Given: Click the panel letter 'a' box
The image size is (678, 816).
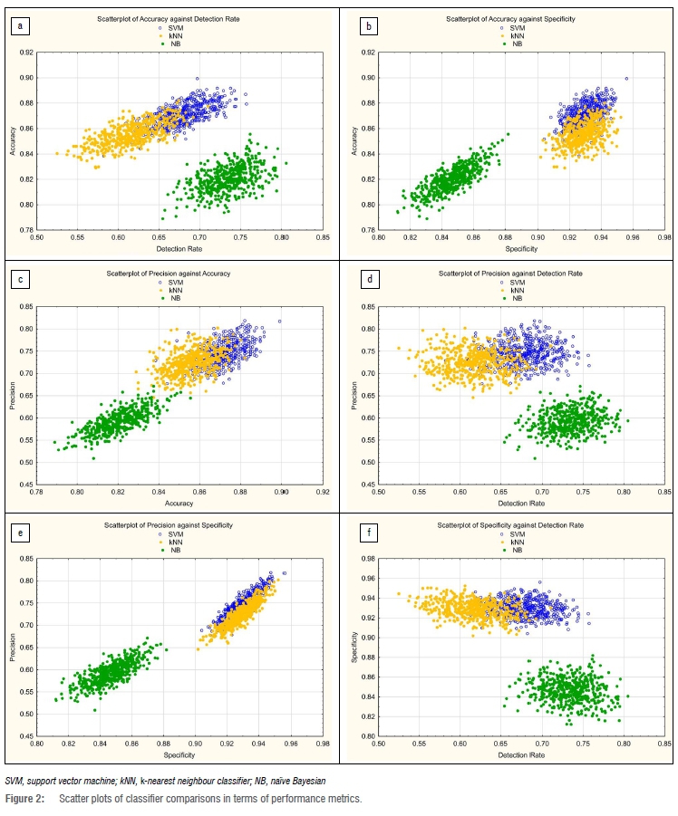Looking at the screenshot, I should [20, 26].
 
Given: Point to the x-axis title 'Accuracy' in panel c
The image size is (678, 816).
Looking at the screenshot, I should [169, 504].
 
